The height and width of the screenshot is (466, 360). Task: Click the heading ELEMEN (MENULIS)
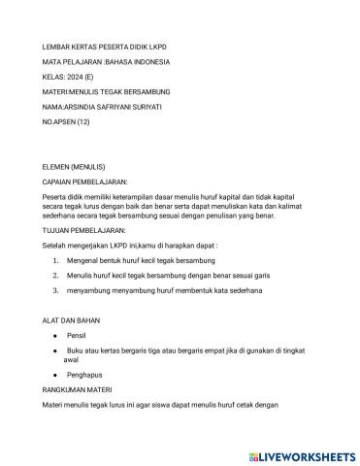coord(77,166)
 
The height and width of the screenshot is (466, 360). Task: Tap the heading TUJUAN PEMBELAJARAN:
coord(84,230)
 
